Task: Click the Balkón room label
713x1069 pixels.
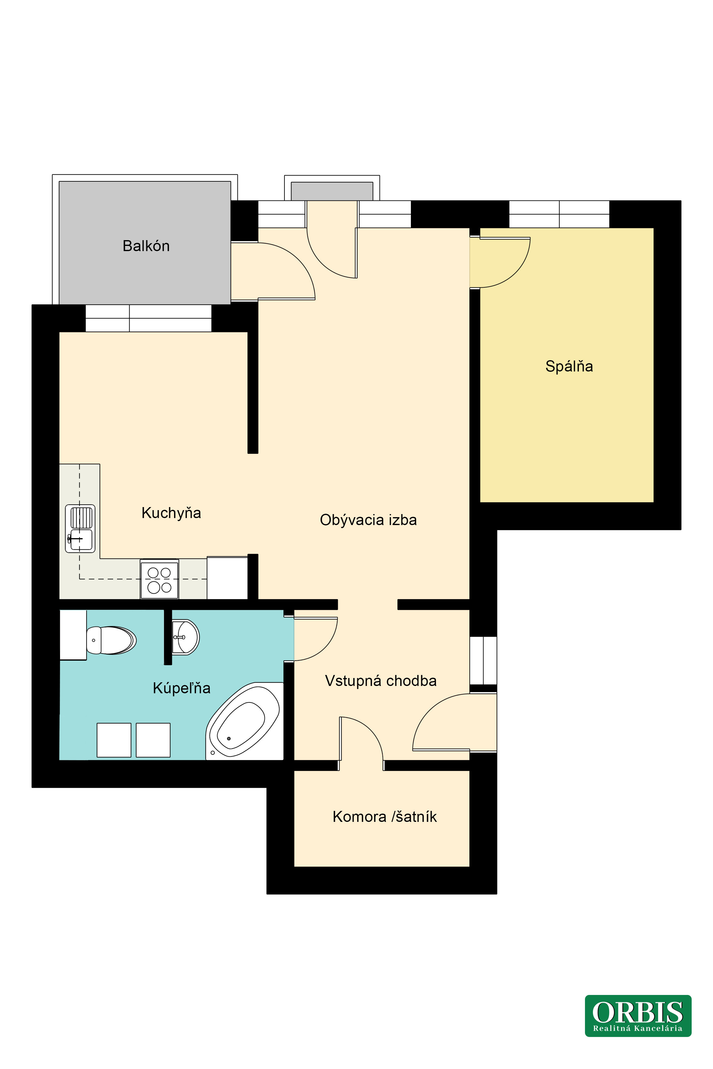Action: [146, 246]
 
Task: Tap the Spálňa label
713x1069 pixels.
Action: [569, 366]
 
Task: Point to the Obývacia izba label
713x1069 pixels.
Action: [368, 520]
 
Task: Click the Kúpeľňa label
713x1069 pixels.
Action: [181, 688]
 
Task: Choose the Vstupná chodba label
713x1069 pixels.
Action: [381, 681]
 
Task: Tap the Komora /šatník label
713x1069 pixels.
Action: [385, 817]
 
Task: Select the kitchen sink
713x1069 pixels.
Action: [80, 529]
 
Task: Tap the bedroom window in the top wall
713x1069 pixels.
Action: [559, 214]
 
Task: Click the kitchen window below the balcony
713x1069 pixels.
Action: [148, 318]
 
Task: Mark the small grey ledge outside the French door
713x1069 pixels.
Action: [332, 191]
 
